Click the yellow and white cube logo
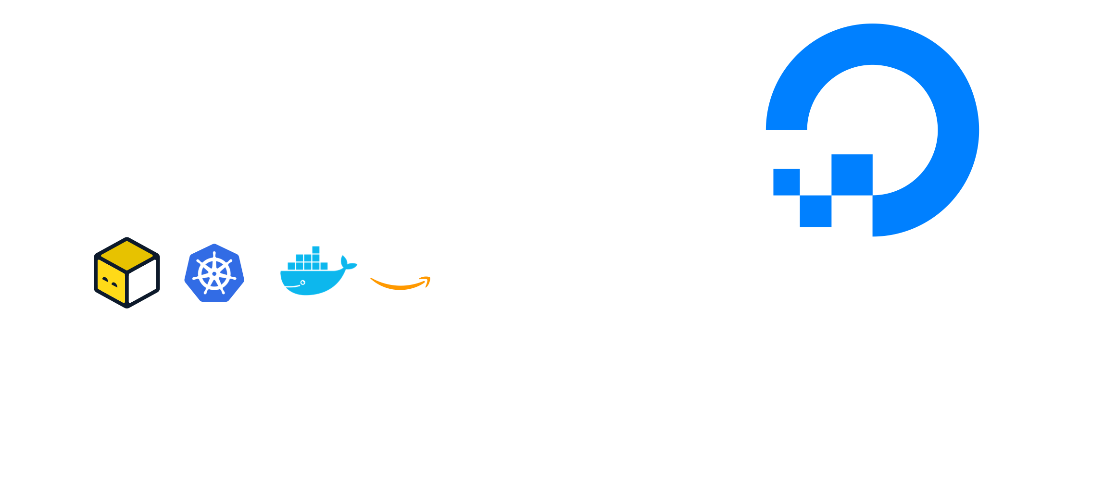click(x=127, y=272)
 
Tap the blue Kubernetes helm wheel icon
click(x=214, y=273)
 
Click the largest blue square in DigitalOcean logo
click(x=852, y=174)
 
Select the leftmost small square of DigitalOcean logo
click(x=786, y=182)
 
